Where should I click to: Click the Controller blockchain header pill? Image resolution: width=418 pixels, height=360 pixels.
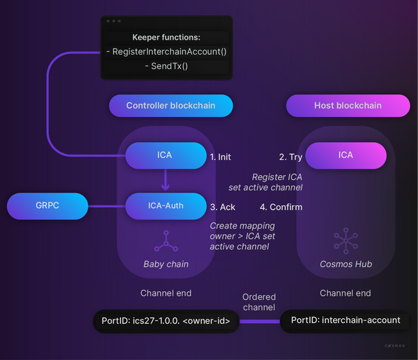point(171,106)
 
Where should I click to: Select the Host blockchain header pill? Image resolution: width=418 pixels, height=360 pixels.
point(348,106)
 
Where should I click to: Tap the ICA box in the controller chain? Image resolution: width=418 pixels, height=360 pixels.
point(167,156)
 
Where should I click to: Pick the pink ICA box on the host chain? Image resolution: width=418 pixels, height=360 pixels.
point(346,155)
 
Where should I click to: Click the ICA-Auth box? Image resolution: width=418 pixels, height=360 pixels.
point(166,206)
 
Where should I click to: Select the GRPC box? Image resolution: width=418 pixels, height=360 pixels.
point(47,206)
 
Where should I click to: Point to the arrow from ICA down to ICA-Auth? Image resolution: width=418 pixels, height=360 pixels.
point(166,181)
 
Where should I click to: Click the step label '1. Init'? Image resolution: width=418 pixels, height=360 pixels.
point(220,157)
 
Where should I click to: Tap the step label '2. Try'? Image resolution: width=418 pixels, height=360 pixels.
point(291,157)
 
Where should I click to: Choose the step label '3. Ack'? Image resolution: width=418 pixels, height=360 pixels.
point(223,208)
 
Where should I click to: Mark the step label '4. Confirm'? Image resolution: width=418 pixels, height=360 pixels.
point(281,208)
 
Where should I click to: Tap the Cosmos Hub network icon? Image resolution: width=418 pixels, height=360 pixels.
point(346,240)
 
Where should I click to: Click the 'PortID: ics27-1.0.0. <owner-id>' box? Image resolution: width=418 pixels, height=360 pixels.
point(166,321)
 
